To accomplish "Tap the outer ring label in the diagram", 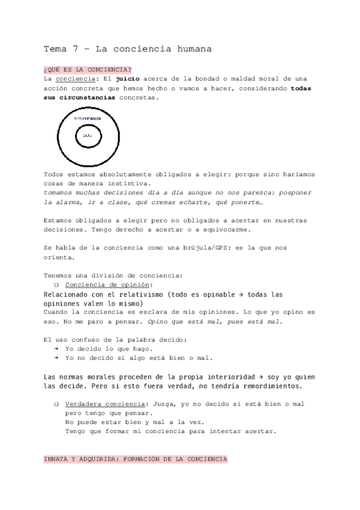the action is [87, 119].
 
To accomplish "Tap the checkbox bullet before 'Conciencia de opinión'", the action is [56, 284].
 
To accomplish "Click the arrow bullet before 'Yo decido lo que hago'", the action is [56, 349].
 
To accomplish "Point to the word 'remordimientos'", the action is [267, 386].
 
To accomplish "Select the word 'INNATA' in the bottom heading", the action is [57, 459].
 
